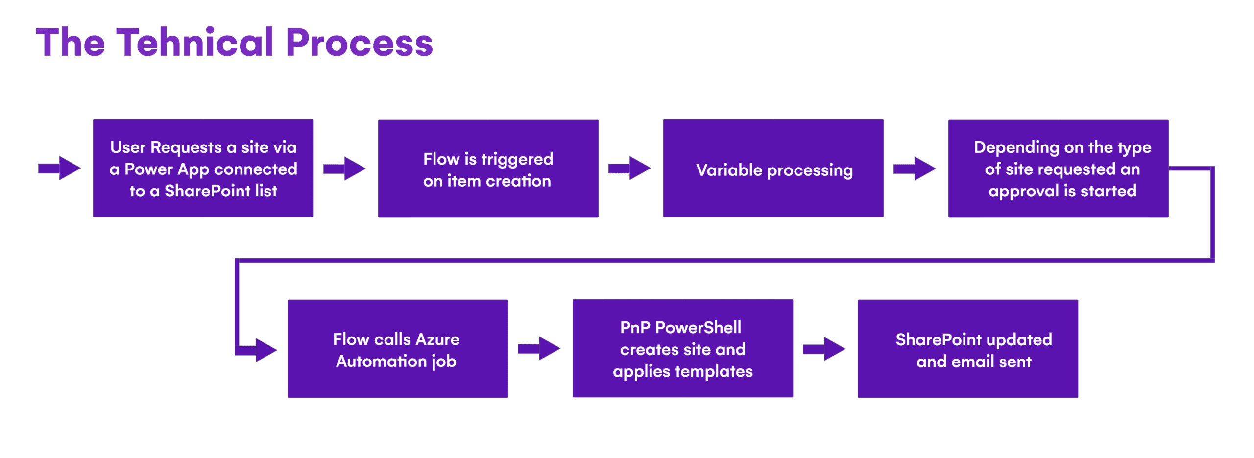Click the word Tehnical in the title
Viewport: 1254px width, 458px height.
[x=194, y=42]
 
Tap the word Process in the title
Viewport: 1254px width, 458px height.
[x=359, y=43]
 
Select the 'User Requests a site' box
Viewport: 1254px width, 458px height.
[x=203, y=168]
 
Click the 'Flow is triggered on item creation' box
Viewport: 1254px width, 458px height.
[x=488, y=168]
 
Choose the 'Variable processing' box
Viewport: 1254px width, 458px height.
[x=773, y=168]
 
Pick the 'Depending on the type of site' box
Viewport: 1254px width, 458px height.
[x=1058, y=168]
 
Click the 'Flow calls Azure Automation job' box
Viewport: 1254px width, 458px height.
[x=397, y=349]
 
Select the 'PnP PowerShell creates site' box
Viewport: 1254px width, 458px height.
[x=682, y=348]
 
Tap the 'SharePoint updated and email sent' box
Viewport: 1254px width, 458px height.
[x=967, y=349]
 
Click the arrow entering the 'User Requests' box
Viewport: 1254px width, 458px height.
[x=59, y=168]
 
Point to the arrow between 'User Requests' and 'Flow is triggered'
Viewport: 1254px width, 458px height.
[x=344, y=169]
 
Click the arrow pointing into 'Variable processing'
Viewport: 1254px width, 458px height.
[x=629, y=168]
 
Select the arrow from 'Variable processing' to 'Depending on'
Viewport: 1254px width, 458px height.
[x=915, y=169]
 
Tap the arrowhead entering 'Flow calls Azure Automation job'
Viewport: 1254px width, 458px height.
[x=266, y=350]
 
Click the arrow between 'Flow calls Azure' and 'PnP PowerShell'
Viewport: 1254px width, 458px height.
[x=539, y=348]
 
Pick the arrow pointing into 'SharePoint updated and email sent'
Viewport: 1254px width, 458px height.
[x=824, y=349]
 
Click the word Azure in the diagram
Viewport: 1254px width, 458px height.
[x=437, y=339]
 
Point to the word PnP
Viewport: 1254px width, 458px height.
[x=635, y=327]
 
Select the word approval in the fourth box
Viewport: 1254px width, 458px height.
[x=1023, y=192]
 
